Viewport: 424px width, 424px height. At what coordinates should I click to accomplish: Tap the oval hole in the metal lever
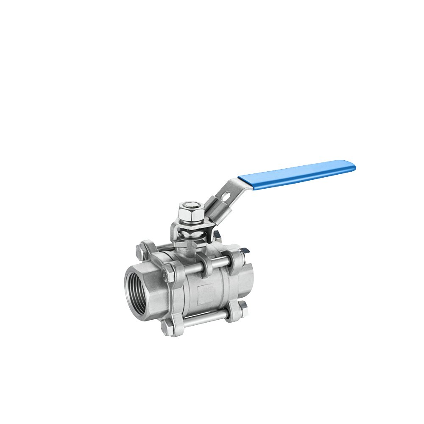226,195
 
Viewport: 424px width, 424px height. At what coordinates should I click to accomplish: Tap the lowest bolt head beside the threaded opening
168,329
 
